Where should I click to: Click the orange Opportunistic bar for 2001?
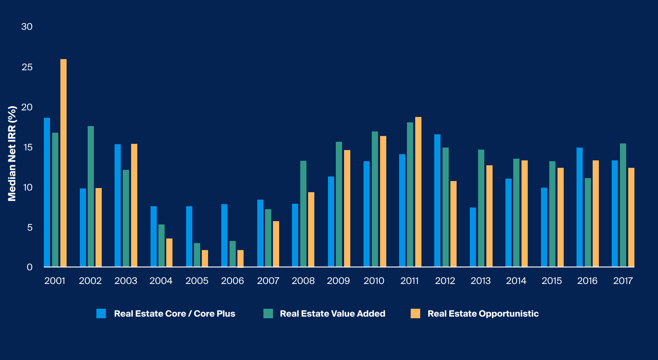click(63, 163)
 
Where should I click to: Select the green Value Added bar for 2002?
click(91, 196)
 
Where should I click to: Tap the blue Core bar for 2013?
click(473, 237)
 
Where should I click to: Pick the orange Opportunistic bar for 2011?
click(418, 192)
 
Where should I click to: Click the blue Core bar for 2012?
click(437, 200)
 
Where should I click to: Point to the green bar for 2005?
click(197, 255)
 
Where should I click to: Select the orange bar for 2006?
click(240, 258)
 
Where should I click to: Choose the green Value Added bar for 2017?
click(623, 205)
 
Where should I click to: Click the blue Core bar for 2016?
click(579, 207)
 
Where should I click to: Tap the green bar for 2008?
click(303, 214)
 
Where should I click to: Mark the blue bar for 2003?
click(117, 205)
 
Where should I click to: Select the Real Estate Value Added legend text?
click(332, 314)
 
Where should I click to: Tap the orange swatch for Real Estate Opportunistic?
click(415, 313)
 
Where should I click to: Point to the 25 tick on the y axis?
click(27, 67)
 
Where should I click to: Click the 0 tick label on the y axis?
click(29, 267)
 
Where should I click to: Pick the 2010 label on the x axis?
click(374, 281)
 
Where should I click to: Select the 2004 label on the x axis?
click(161, 281)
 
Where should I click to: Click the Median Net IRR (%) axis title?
click(12, 153)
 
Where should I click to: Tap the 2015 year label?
click(552, 281)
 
